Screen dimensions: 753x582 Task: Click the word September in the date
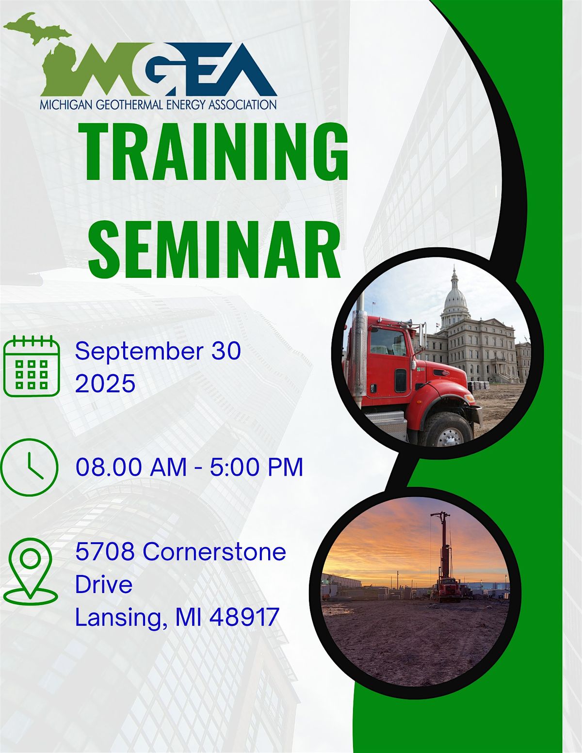(139, 351)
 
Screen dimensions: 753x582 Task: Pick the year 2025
(105, 384)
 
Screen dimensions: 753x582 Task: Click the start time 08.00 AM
(131, 467)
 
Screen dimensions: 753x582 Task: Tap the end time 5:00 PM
(257, 467)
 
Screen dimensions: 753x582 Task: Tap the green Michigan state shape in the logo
(48, 53)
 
